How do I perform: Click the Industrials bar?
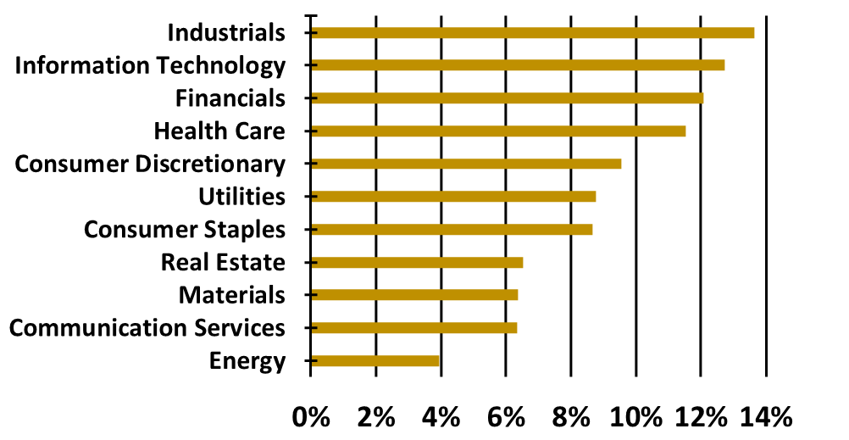click(532, 33)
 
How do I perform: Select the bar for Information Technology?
click(517, 65)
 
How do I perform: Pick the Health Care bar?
click(497, 131)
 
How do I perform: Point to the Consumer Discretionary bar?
click(465, 164)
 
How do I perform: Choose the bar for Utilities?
click(452, 197)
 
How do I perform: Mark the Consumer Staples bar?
click(451, 229)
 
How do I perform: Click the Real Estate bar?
click(416, 262)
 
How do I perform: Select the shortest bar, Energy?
click(375, 360)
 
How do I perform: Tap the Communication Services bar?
click(413, 327)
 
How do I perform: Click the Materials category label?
click(231, 295)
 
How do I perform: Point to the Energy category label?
click(247, 360)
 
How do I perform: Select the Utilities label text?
click(241, 197)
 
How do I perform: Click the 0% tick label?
click(310, 417)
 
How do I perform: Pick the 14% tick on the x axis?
click(767, 417)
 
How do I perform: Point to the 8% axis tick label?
click(571, 417)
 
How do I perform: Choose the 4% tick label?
click(441, 417)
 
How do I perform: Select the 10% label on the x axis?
click(635, 417)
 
